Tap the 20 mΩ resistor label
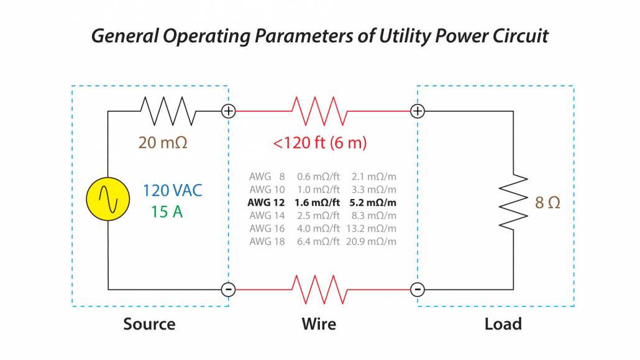(x=163, y=142)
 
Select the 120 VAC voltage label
(x=173, y=191)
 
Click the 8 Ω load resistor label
(x=547, y=203)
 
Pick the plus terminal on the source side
(x=229, y=111)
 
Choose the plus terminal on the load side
(x=418, y=111)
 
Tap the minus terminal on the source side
(x=229, y=289)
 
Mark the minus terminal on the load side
(x=418, y=289)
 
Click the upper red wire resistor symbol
(x=319, y=111)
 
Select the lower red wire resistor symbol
(x=319, y=289)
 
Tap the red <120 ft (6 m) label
(x=320, y=143)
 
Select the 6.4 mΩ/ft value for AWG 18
(x=318, y=242)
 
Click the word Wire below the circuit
(x=319, y=324)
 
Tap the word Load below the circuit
(x=503, y=324)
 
